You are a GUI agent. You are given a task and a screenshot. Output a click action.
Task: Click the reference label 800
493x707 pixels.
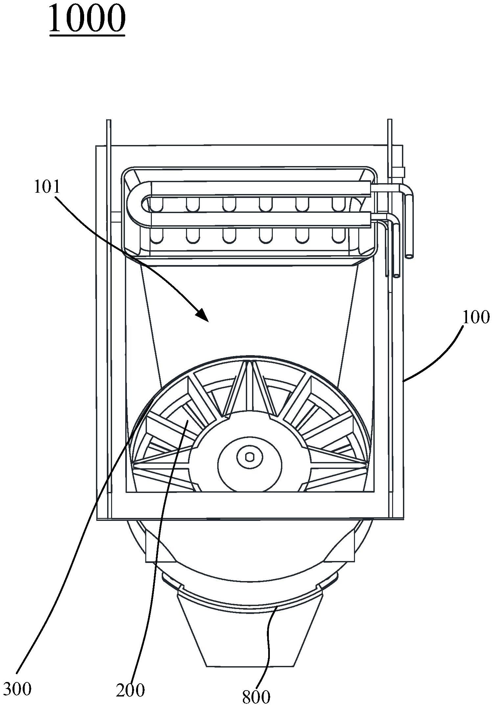(256, 696)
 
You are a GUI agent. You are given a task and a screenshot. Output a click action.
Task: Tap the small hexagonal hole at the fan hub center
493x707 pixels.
(250, 457)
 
